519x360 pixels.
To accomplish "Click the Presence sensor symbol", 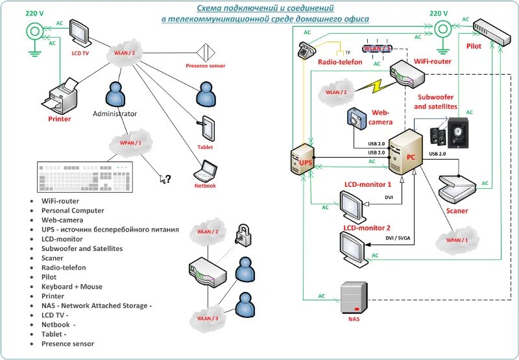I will pyautogui.click(x=206, y=52).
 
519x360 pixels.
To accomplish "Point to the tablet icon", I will pyautogui.click(x=207, y=128).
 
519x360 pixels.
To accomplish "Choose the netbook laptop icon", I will pyautogui.click(x=206, y=170).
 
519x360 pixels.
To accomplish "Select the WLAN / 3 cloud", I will pyautogui.click(x=208, y=318).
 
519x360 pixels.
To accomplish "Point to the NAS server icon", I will pyautogui.click(x=354, y=298).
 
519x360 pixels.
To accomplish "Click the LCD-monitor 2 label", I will pyautogui.click(x=367, y=228).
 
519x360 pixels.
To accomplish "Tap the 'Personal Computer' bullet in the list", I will pyautogui.click(x=73, y=211).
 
